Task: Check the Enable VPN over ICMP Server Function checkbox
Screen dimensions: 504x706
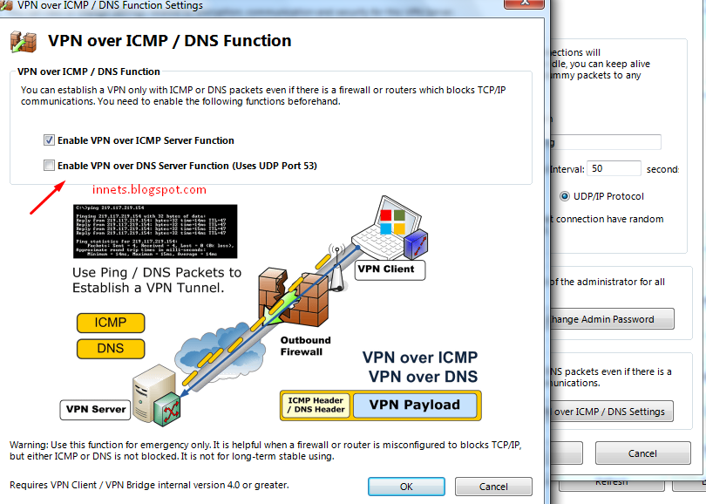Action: coord(50,140)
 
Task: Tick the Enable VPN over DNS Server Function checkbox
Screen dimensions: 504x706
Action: coord(50,166)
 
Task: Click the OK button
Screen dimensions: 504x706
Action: coord(406,486)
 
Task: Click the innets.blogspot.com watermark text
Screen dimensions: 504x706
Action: coord(149,189)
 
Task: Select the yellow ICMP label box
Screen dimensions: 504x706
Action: coord(110,323)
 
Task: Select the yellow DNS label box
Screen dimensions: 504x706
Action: coord(110,348)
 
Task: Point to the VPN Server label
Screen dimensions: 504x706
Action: coord(96,409)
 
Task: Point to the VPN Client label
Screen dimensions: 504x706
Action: coord(390,269)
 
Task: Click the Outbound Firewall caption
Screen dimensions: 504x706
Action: coord(306,345)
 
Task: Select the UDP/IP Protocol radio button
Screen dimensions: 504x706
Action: coord(565,196)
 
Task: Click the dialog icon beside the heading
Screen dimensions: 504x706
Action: coord(24,41)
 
